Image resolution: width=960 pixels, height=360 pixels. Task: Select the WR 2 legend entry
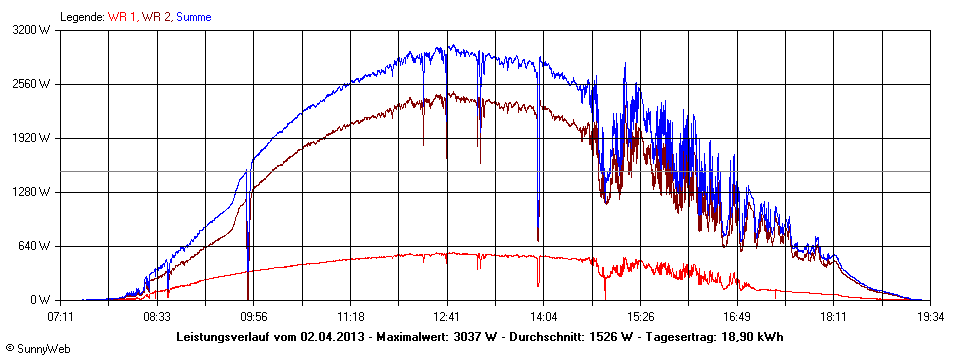point(155,17)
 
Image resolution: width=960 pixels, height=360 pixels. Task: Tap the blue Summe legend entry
point(193,17)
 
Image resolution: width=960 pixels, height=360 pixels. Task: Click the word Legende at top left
point(81,17)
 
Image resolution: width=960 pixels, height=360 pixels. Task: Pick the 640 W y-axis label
point(36,246)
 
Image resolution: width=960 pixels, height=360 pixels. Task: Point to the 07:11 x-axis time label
point(61,316)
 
